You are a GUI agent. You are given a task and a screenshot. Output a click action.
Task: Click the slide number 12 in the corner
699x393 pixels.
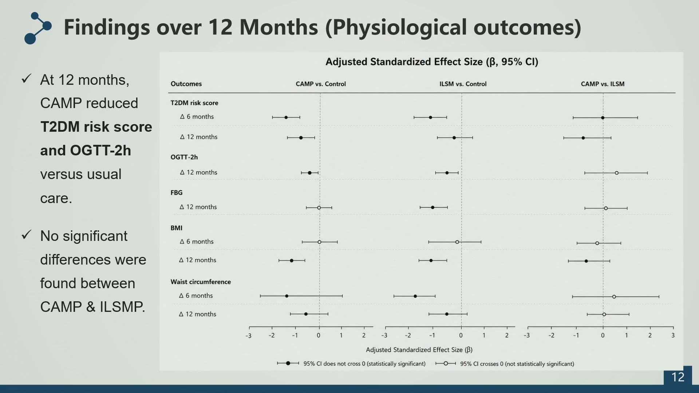tap(678, 377)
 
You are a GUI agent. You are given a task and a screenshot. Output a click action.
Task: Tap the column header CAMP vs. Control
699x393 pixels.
tap(321, 84)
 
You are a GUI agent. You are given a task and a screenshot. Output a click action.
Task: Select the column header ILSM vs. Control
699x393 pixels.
tap(463, 84)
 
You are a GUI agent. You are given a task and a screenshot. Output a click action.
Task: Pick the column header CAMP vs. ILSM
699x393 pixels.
tap(603, 84)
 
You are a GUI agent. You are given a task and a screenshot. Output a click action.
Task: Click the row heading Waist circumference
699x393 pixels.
tap(201, 282)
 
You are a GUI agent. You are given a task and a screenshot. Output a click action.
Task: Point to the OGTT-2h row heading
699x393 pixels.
tap(184, 157)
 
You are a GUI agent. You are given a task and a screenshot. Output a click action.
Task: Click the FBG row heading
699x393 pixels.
tap(177, 192)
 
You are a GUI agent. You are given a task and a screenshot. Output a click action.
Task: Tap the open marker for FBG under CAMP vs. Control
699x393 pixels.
tap(319, 208)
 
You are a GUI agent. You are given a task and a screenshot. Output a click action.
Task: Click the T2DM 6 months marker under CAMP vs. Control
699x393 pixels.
tap(286, 118)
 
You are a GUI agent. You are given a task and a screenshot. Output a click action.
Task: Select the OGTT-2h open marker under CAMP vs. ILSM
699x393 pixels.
tap(617, 173)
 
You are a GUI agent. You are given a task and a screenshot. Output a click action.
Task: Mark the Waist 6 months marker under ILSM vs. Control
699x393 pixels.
tap(415, 296)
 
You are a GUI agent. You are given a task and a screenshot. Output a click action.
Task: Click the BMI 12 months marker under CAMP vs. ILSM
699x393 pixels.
tap(586, 261)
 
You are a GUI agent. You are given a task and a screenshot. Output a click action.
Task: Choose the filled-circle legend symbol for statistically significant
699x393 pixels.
tap(288, 363)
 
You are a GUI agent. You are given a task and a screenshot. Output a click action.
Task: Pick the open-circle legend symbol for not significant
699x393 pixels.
tap(446, 363)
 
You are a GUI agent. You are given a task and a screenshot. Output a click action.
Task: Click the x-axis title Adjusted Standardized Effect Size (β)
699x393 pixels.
tap(419, 350)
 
